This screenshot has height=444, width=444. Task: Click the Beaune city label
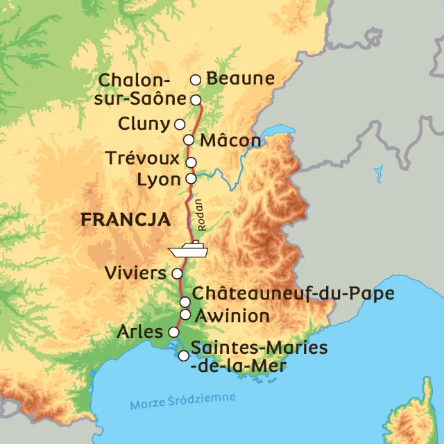241,78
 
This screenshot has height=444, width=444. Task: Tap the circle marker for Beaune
196,80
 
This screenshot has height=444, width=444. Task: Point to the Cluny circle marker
180,124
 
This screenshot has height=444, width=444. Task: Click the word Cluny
144,125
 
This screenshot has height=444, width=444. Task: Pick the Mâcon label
230,141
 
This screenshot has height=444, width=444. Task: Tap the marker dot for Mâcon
189,139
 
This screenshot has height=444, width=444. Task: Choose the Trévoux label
142,159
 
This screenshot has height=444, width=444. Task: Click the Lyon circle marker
191,178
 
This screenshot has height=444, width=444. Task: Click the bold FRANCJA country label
125,220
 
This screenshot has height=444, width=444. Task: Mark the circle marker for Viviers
177,273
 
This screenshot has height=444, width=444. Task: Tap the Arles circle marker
173,331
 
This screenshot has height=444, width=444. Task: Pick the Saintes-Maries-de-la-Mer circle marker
183,356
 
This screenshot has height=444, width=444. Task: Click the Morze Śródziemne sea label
182,401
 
